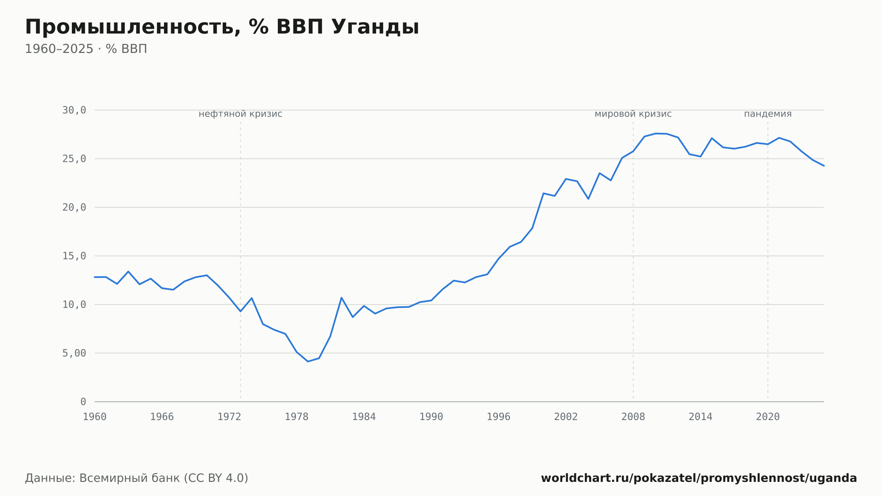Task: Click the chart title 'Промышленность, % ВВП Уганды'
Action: [x=222, y=27]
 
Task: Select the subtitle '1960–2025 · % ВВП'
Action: [x=86, y=49]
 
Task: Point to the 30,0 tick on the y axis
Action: [x=74, y=110]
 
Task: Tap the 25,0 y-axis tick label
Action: [x=74, y=159]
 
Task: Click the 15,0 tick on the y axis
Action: [x=74, y=256]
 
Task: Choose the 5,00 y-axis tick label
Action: [x=74, y=353]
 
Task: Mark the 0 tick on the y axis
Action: [x=83, y=402]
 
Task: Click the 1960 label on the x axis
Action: [x=95, y=417]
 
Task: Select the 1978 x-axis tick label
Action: [x=296, y=417]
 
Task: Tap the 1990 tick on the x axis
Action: [x=431, y=417]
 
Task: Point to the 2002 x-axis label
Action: [x=566, y=417]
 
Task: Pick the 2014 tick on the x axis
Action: [x=700, y=417]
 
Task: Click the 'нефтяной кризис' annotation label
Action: [x=240, y=114]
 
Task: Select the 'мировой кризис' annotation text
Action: [x=633, y=114]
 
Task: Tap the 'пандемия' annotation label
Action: [x=768, y=114]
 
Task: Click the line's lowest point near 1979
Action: [x=308, y=361]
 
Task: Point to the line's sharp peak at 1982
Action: [x=341, y=297]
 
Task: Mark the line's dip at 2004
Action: [x=588, y=199]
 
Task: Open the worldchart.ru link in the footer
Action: [x=699, y=478]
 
